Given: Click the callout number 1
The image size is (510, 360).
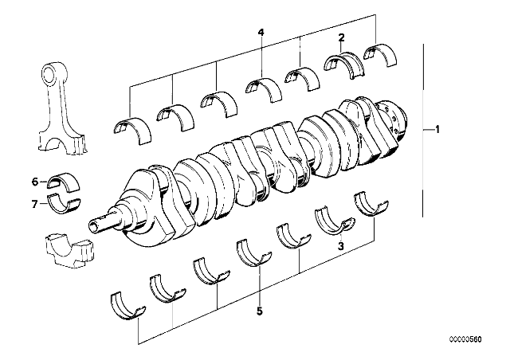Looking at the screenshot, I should coord(437,129).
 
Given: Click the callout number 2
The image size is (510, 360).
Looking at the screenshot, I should coord(341,37).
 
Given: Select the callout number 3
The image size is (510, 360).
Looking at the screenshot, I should coord(340,247).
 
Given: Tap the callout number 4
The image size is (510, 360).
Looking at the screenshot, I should coord(260,32).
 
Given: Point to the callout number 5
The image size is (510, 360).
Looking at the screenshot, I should coord(259,312).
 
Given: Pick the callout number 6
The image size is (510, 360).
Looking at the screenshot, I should coord(35,181).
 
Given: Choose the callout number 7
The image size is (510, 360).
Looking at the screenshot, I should coord(35,204).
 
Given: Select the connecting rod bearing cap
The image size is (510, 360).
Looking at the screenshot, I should coord(67,248).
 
